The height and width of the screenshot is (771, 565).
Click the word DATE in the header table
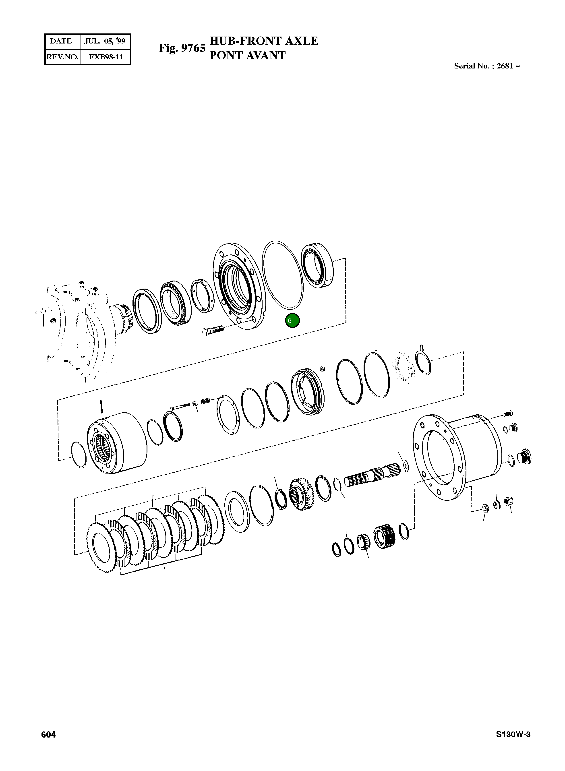[61, 41]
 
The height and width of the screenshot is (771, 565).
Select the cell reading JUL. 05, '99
[105, 41]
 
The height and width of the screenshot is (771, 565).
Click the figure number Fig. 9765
[182, 48]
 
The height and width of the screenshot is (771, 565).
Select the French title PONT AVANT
[247, 55]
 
